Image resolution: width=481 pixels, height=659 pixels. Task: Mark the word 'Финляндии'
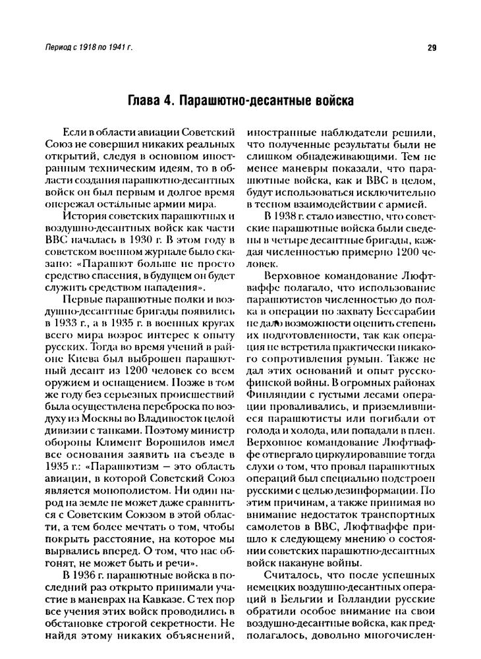tap(274, 389)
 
